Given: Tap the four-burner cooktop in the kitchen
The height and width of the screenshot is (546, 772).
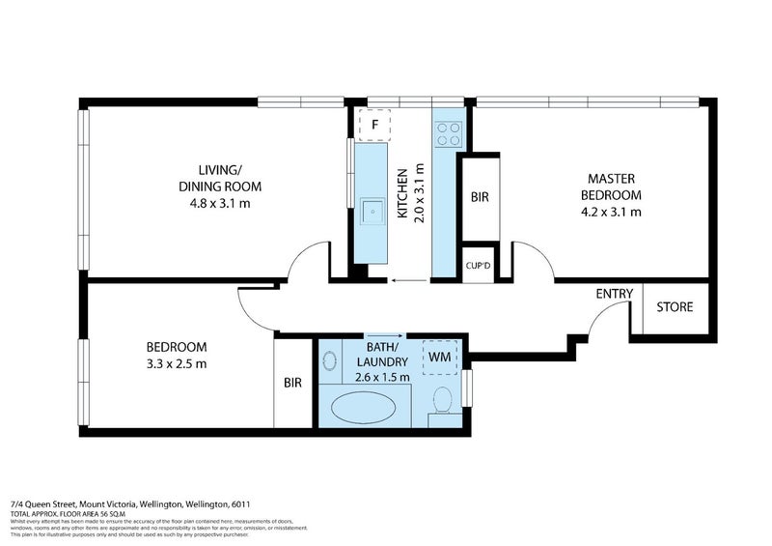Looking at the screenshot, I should pos(449,132).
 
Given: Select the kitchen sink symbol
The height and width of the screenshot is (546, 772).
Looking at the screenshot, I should pos(371,212).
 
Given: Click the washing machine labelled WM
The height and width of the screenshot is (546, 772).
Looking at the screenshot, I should pos(440,358).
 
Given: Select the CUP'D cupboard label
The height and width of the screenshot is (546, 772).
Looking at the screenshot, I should pos(478,266).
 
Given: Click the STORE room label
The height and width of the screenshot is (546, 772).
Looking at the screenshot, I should pos(674,307).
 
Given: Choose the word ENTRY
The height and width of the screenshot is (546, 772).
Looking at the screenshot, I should pos(615,294).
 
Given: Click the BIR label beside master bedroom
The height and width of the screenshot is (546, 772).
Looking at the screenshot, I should pos(480,197).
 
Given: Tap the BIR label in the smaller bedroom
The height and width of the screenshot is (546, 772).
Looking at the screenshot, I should pos(293,383).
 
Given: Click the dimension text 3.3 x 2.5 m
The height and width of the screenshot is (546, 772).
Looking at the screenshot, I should pos(176,364).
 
